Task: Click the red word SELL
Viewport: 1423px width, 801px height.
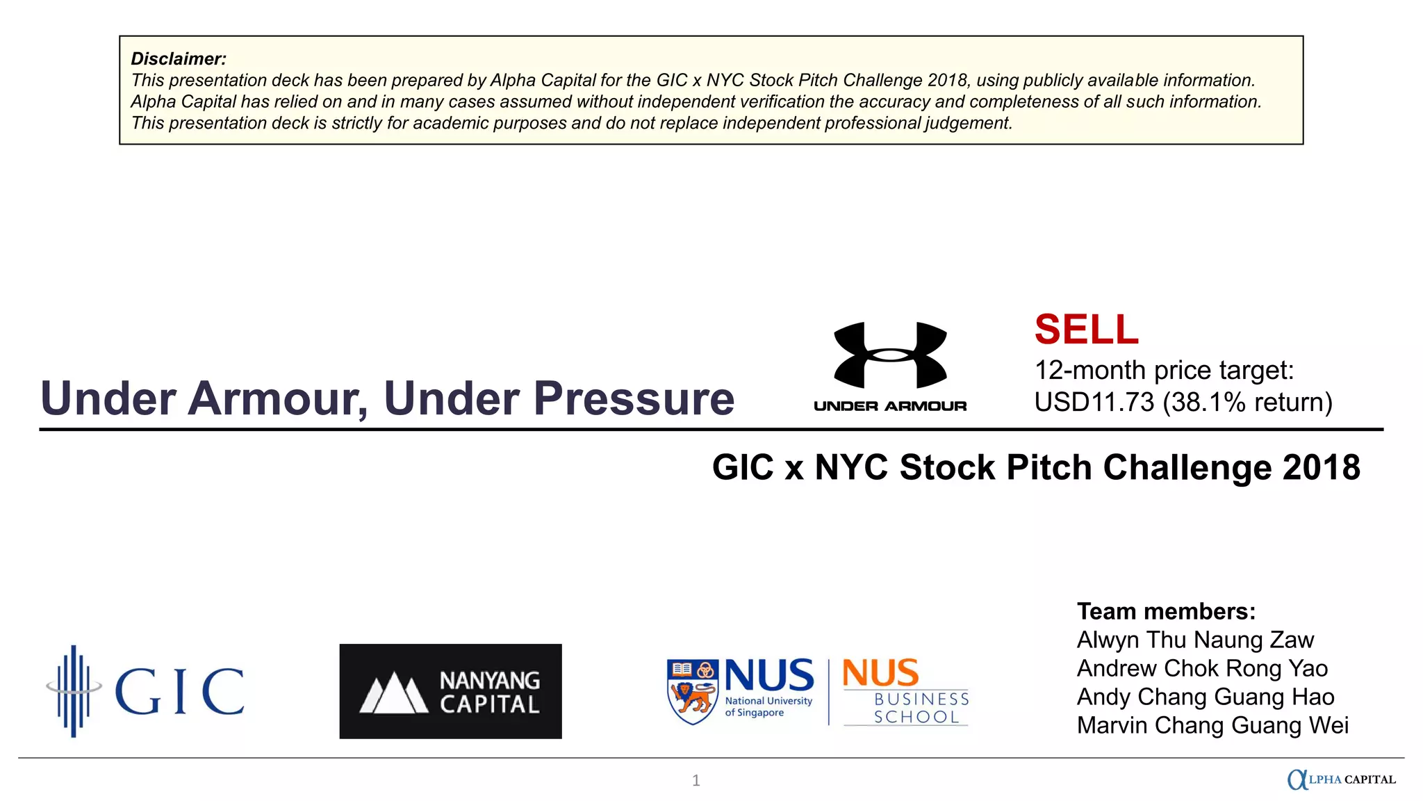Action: pyautogui.click(x=1086, y=330)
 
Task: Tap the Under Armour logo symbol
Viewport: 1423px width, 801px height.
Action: pyautogui.click(x=890, y=355)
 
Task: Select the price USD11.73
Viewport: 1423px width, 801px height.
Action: pyautogui.click(x=1094, y=403)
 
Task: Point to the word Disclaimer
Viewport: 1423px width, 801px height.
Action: pyautogui.click(x=179, y=59)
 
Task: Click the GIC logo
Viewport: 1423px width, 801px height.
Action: pyautogui.click(x=146, y=690)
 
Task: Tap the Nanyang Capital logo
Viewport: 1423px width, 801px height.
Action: pyautogui.click(x=450, y=691)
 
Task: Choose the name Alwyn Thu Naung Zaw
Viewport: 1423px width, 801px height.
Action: pyautogui.click(x=1195, y=640)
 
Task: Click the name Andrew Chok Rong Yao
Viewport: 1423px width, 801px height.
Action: pyautogui.click(x=1202, y=668)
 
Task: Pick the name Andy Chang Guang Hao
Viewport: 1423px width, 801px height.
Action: pyautogui.click(x=1206, y=697)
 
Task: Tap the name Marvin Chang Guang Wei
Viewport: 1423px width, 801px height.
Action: pyautogui.click(x=1212, y=725)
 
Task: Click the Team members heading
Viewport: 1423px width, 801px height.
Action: pyautogui.click(x=1166, y=611)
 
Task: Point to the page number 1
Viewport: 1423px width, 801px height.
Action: pyautogui.click(x=696, y=781)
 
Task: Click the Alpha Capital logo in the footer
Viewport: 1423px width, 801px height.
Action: pyautogui.click(x=1341, y=779)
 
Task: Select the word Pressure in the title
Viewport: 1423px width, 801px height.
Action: pyautogui.click(x=634, y=398)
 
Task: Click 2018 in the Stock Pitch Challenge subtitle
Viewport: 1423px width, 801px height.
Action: pyautogui.click(x=1321, y=467)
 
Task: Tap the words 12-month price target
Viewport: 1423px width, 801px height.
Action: pyautogui.click(x=1164, y=370)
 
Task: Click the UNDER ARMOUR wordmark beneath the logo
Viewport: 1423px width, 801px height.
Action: pyautogui.click(x=890, y=406)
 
